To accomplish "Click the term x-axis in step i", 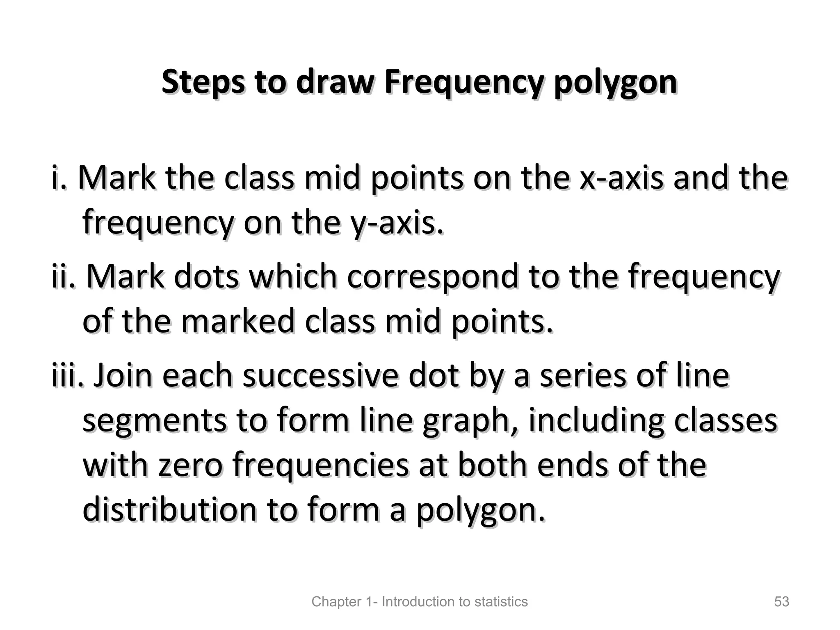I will [621, 178].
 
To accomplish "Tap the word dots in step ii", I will [206, 276].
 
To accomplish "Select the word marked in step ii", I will [238, 321].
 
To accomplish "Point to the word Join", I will [123, 376].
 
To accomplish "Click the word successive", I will [320, 376].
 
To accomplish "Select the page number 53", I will [782, 602].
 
